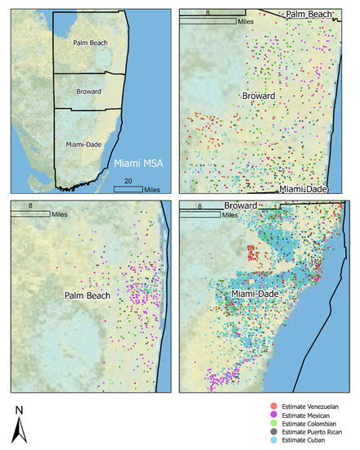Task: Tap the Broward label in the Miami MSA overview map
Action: click(x=89, y=92)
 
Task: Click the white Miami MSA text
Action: click(x=138, y=164)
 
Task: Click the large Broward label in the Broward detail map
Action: click(x=259, y=97)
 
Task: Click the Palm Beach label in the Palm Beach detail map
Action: click(x=88, y=295)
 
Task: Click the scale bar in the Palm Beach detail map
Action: click(x=39, y=215)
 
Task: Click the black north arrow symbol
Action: click(x=19, y=429)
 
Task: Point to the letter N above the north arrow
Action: click(x=18, y=408)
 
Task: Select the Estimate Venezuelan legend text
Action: click(x=314, y=406)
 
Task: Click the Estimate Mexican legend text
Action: click(x=310, y=415)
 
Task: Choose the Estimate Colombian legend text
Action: click(x=313, y=424)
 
